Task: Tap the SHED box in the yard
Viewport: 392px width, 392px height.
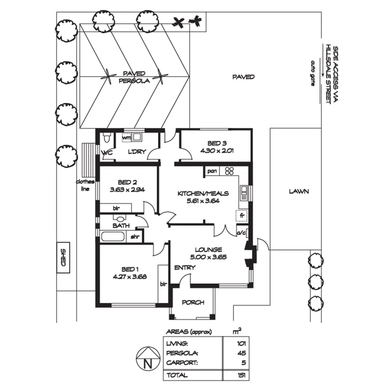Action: coord(63,257)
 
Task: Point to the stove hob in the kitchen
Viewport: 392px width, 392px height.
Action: coord(230,171)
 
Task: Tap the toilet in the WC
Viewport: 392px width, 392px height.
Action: coord(106,138)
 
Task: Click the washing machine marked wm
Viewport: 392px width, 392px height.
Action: coord(127,137)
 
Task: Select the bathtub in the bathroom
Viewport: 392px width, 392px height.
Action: coord(113,236)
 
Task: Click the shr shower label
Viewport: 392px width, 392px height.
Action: coord(135,237)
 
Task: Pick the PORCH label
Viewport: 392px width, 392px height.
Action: coord(193,302)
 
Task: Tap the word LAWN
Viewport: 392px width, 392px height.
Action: coord(299,191)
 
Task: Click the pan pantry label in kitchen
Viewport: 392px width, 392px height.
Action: coord(212,171)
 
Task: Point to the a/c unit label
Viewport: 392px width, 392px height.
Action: coord(241,232)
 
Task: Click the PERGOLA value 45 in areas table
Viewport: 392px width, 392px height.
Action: coord(241,353)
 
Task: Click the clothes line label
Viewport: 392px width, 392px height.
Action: coord(85,185)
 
